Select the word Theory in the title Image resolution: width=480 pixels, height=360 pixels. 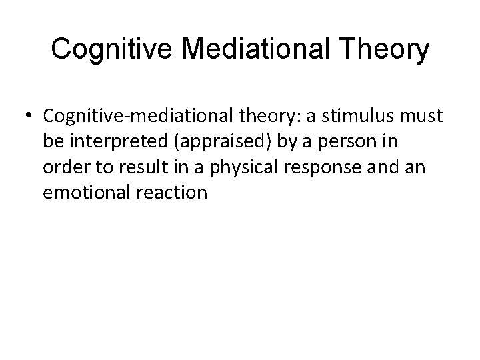tap(384, 49)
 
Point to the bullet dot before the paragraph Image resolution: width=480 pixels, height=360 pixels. tap(31, 116)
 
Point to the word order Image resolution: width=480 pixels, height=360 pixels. tap(61, 167)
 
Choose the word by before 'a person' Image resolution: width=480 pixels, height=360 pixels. tap(277, 142)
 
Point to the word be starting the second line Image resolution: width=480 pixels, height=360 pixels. tap(51, 142)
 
